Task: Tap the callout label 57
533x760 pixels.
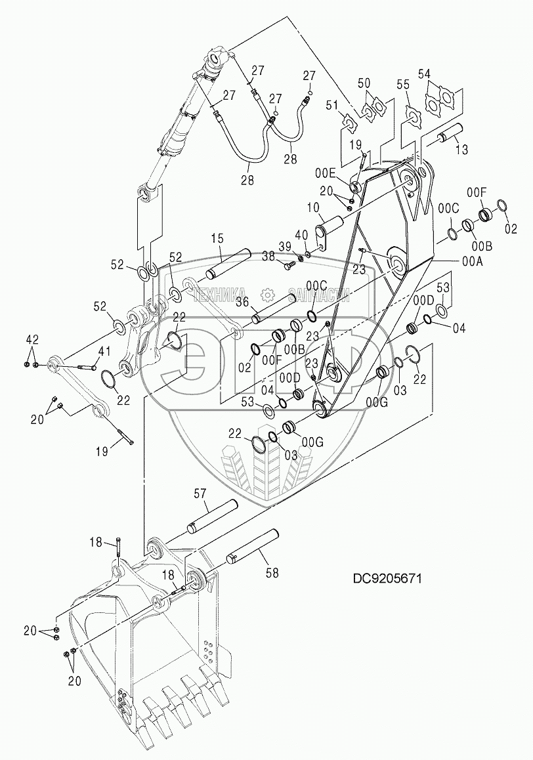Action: (200, 494)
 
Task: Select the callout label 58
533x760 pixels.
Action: (272, 572)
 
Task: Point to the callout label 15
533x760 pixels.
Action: (217, 240)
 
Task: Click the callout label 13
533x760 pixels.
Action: (461, 150)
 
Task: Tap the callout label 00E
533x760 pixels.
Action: (325, 172)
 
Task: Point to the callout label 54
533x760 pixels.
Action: (424, 74)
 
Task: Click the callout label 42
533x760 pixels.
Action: (32, 339)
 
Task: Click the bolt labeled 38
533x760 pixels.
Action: (287, 264)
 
